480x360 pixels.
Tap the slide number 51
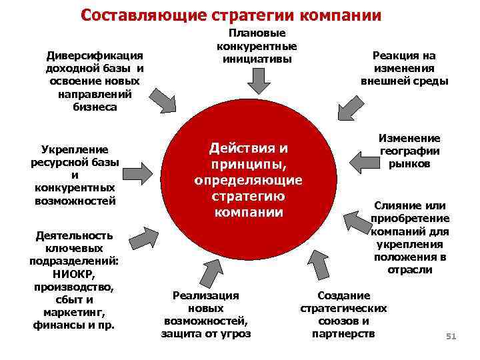450,337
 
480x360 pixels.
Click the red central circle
248,181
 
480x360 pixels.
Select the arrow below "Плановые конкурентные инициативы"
258,81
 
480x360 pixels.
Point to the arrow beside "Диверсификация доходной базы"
163,101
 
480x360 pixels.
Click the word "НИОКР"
73,274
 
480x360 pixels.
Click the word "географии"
409,151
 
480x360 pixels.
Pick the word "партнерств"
344,333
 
